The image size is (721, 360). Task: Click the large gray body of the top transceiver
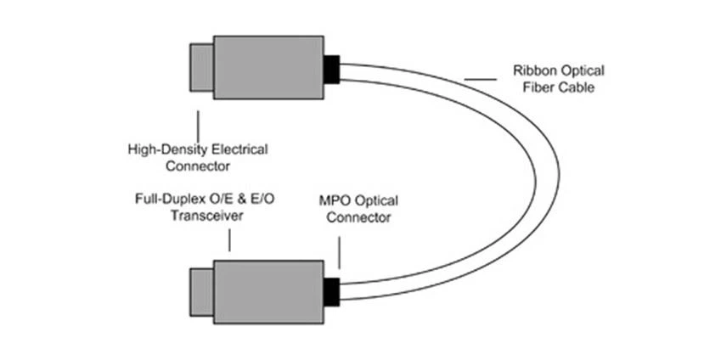click(268, 67)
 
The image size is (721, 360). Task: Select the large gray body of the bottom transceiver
click(268, 292)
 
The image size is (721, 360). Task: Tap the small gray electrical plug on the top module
click(201, 67)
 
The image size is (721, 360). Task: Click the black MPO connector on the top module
click(331, 69)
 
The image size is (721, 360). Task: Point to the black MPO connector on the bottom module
click(331, 291)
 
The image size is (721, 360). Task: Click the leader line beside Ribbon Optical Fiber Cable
click(480, 80)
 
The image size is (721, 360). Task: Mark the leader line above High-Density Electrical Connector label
click(198, 124)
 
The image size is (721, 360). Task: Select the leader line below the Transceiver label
click(229, 239)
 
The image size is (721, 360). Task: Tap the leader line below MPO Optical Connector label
click(340, 252)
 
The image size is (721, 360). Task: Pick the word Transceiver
click(205, 216)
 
